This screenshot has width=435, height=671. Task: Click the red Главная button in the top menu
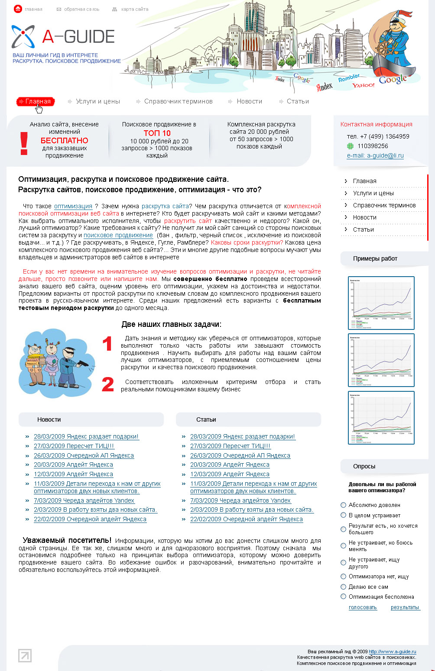(36, 102)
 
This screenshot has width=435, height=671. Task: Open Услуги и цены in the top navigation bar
(97, 102)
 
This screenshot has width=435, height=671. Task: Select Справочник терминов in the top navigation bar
(178, 102)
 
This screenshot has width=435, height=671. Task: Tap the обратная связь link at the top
(81, 9)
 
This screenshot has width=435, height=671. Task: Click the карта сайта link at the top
(135, 9)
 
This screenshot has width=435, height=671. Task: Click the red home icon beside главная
(18, 9)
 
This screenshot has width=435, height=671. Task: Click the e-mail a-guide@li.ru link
(375, 156)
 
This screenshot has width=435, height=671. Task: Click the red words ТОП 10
(157, 133)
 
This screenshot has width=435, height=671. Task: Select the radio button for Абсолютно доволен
(344, 505)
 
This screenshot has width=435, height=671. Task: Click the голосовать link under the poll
(363, 607)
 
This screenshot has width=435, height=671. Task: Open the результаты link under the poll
(405, 607)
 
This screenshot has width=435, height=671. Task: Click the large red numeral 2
(107, 385)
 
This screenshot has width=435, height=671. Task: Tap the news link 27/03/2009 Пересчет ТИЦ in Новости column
(74, 446)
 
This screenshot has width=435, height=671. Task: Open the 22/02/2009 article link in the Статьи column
(246, 519)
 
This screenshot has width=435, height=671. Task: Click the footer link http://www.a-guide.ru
(392, 652)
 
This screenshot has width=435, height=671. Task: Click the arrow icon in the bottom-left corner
(25, 655)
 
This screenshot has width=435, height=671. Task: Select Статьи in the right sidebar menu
(363, 230)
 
